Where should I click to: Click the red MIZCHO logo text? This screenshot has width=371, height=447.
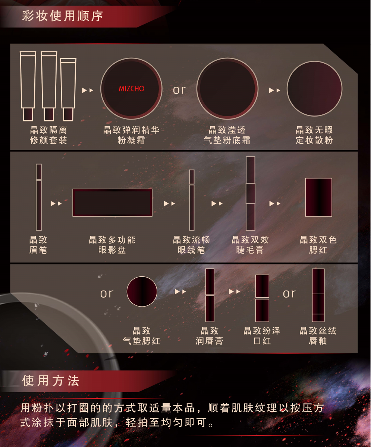[x=132, y=89]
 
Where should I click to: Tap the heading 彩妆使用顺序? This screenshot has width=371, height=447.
[x=62, y=16]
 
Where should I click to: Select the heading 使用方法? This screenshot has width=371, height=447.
[x=51, y=381]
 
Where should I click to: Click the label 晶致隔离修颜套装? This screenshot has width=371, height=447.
[x=48, y=135]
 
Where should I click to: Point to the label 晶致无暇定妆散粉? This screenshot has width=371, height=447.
[x=314, y=135]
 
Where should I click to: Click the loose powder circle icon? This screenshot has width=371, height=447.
[x=314, y=89]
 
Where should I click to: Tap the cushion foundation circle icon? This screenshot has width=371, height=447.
[x=227, y=89]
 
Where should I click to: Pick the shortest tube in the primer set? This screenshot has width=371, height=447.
[x=68, y=89]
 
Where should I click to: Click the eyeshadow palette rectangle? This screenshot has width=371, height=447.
[x=113, y=203]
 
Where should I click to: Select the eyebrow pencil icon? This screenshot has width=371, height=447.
[x=39, y=197]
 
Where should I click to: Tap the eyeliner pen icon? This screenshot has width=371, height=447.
[x=192, y=200]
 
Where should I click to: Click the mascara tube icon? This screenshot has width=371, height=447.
[x=251, y=194]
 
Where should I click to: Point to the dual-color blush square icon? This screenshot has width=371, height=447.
[x=319, y=197]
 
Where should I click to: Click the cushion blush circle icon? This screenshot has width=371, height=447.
[x=142, y=291]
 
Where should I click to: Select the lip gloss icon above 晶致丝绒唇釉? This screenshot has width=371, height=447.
[x=318, y=295]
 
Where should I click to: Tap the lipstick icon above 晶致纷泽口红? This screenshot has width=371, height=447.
[x=262, y=298]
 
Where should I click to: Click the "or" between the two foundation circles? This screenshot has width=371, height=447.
[x=179, y=90]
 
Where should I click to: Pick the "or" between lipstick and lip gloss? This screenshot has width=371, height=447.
[x=289, y=294]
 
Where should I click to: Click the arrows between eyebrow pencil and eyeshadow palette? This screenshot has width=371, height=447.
[x=56, y=203]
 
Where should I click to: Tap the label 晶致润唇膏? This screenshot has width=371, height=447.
[x=210, y=336]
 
